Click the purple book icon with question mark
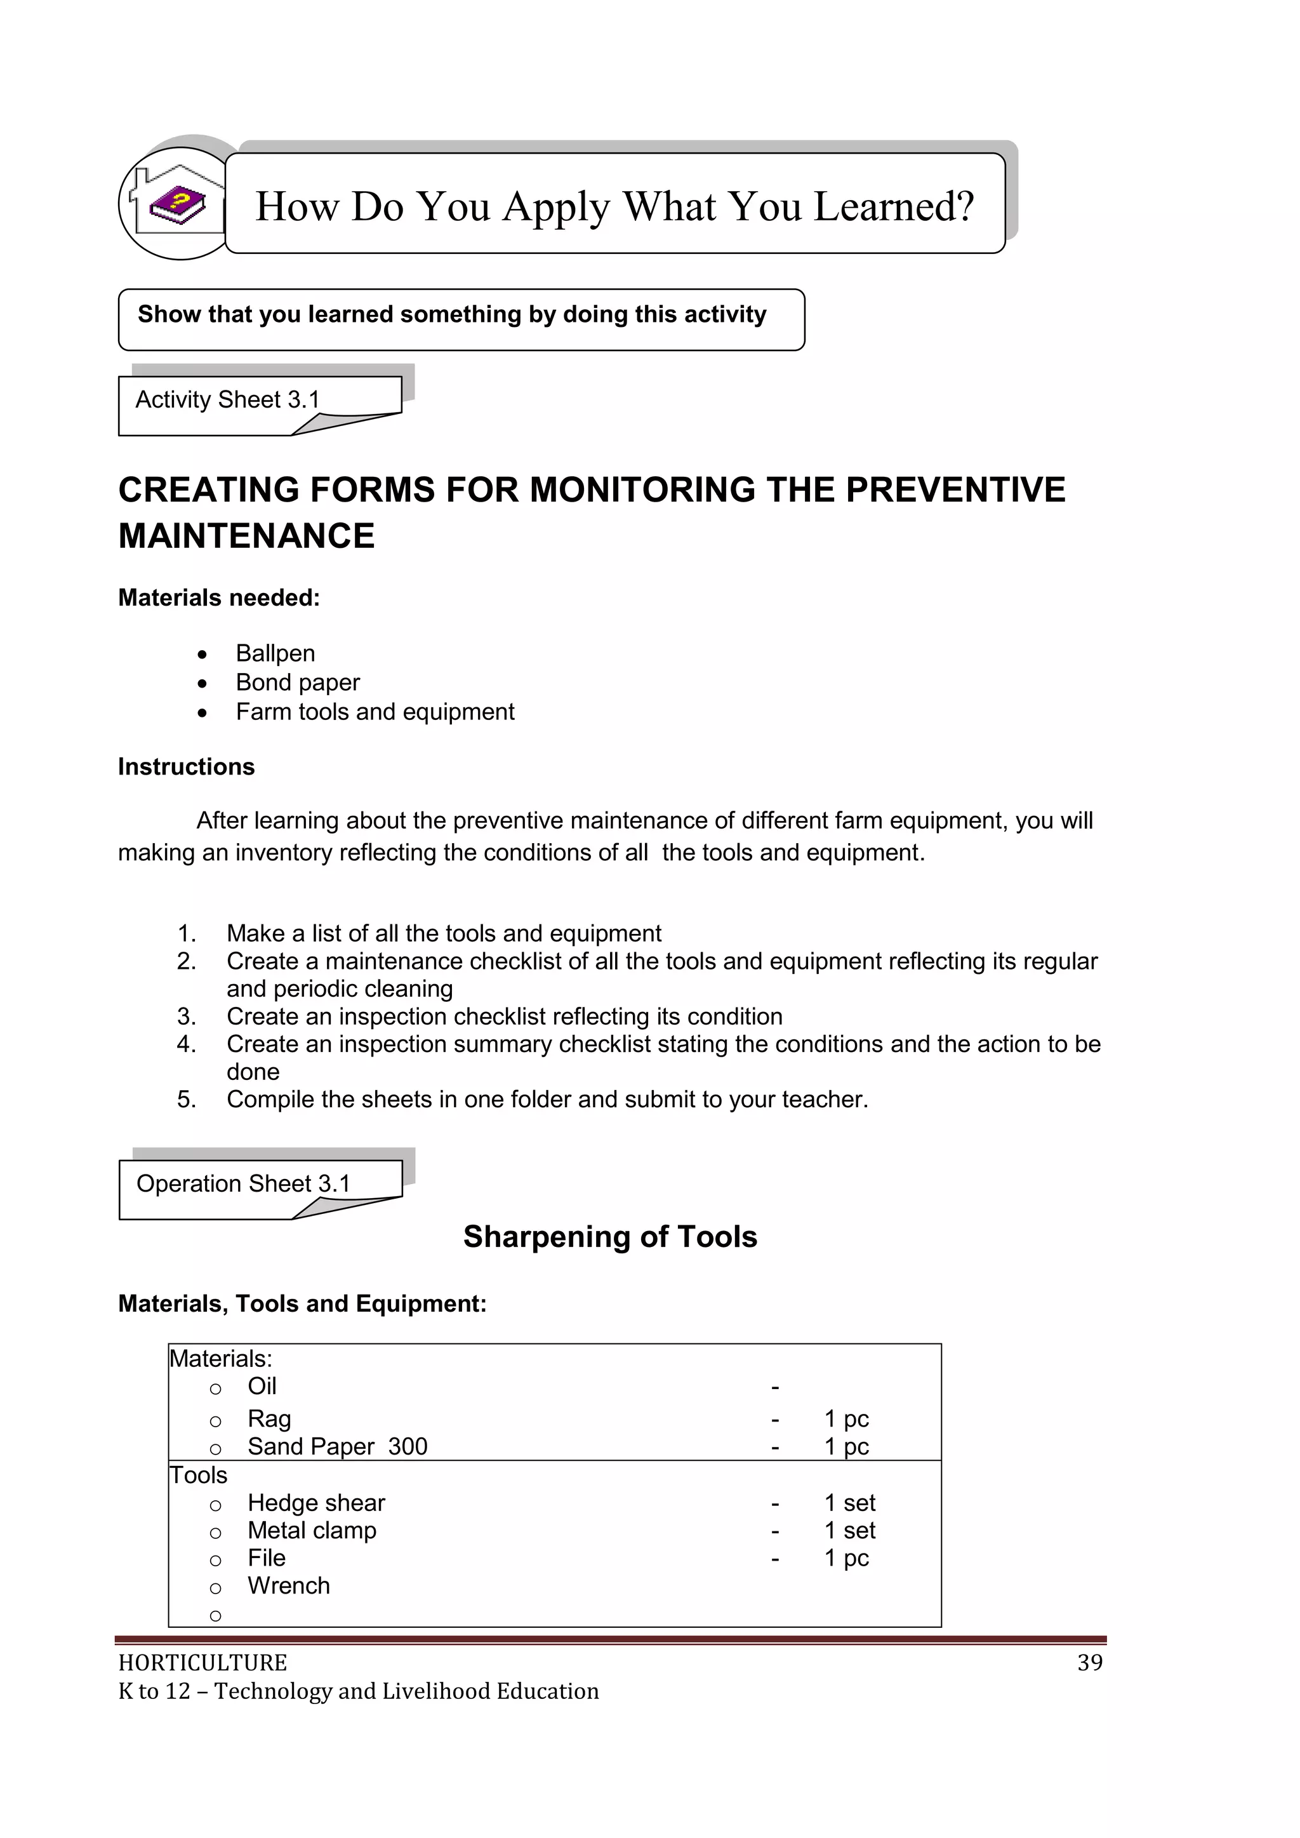click(178, 205)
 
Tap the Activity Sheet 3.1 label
click(227, 399)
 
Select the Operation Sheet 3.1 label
click(243, 1183)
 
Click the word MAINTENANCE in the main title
click(246, 536)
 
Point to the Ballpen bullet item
click(275, 653)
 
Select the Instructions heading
click(186, 766)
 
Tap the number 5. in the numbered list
click(187, 1099)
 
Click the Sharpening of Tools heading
click(610, 1237)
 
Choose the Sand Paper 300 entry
click(337, 1446)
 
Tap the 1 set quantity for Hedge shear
click(849, 1503)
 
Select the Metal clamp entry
click(312, 1530)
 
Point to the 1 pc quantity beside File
click(846, 1558)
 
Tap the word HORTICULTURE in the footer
click(202, 1663)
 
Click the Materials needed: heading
click(218, 597)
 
